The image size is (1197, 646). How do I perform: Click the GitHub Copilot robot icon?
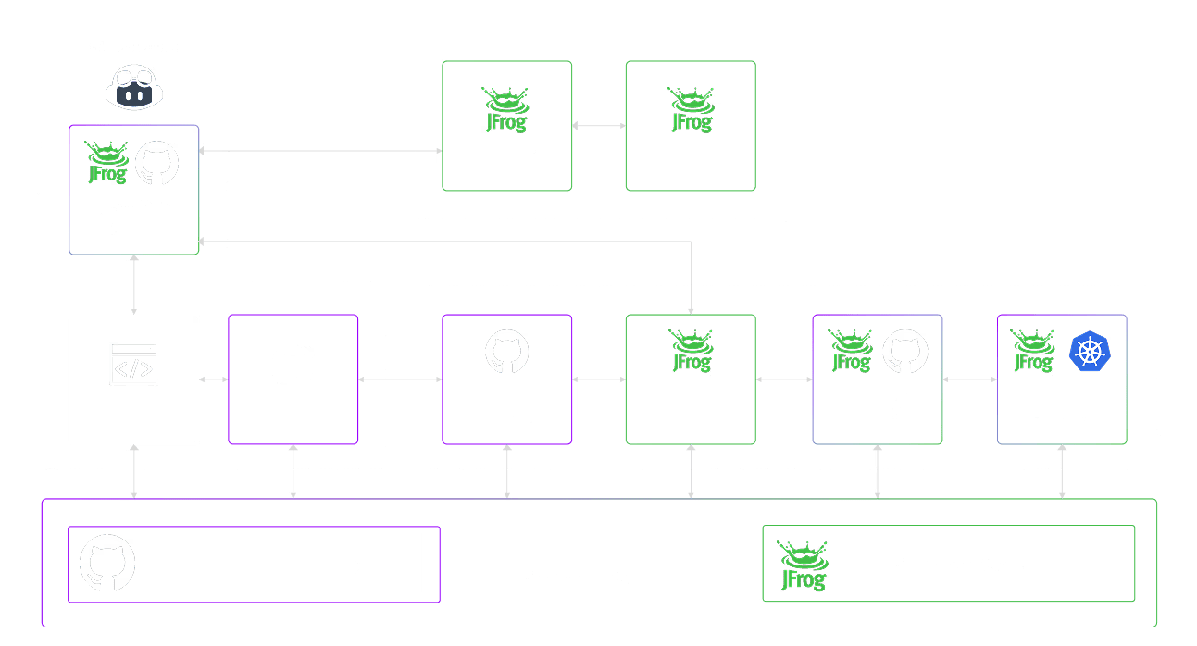135,85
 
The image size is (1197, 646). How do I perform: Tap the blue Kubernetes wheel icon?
1090,353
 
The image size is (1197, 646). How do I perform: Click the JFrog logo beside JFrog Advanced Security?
803,565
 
